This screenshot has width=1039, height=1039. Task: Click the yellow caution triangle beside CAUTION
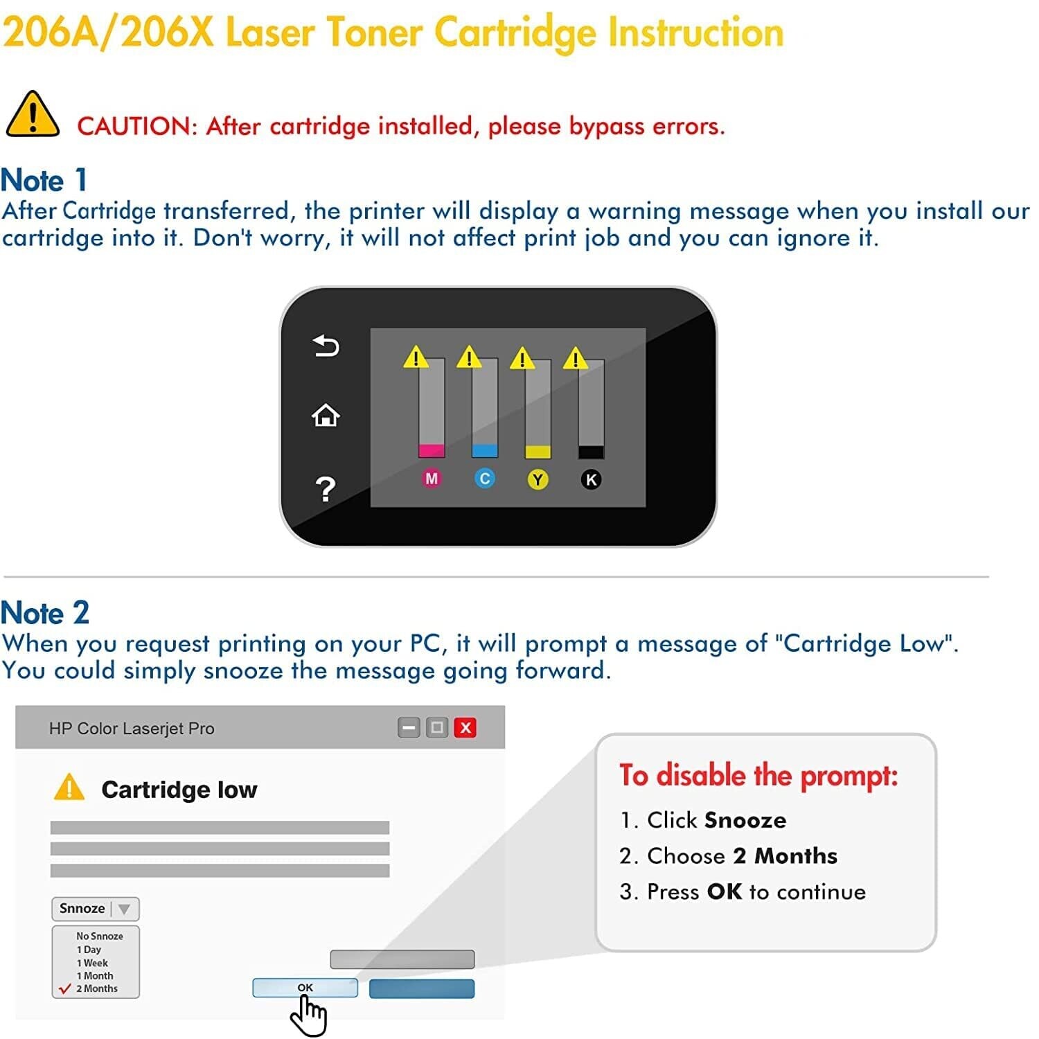point(33,114)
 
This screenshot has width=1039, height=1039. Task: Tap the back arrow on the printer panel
point(326,345)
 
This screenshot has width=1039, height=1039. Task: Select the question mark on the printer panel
point(326,489)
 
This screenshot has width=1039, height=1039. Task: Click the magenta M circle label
point(432,479)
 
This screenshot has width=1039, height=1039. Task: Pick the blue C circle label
point(485,479)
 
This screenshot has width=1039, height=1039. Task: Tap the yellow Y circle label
point(538,479)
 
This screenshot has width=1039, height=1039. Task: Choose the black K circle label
point(591,479)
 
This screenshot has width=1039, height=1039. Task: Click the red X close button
point(465,728)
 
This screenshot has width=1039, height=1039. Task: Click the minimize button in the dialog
point(409,728)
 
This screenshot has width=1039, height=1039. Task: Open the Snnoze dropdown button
point(96,909)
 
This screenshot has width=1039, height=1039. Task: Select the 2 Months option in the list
point(96,988)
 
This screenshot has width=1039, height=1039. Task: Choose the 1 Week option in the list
point(92,963)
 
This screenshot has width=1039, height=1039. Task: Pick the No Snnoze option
point(99,936)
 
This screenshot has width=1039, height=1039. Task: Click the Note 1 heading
point(44,180)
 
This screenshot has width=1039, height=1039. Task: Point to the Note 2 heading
point(45,613)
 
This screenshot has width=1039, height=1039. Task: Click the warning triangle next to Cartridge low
point(69,788)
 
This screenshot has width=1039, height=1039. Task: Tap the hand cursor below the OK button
point(308,1016)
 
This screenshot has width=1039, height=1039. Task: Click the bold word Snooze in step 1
point(745,821)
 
